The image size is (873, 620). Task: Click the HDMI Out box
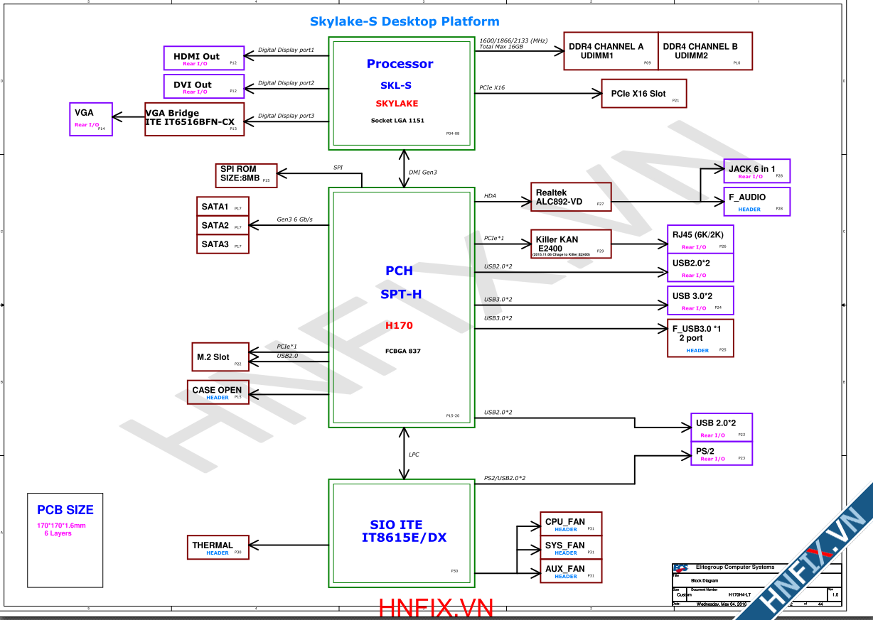coord(203,58)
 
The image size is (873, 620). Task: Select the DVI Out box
coord(203,86)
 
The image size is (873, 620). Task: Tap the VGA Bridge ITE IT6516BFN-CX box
coord(195,118)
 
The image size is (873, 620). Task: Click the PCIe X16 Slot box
coord(644,94)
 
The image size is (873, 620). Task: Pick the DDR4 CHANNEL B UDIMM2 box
coord(705,51)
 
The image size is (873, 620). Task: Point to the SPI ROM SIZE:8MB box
coord(245,175)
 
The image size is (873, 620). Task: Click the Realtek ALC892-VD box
coord(571,197)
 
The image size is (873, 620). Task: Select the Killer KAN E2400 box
coord(571,244)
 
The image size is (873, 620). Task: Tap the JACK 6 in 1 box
coord(756,171)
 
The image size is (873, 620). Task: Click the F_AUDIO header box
coord(756,202)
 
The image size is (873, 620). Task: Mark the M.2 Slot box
coord(220,357)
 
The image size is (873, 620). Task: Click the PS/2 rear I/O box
coord(721,454)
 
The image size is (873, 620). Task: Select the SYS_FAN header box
coord(571,548)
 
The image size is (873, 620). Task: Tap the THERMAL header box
coord(218,548)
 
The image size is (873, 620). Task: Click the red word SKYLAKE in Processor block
coord(397,104)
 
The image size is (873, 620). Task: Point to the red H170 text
coord(399,325)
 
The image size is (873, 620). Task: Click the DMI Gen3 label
coord(423,173)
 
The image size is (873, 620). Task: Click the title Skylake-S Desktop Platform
coord(405,22)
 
